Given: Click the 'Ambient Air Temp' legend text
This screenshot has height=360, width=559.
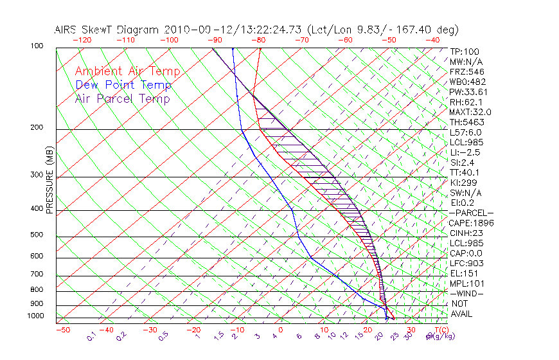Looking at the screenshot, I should click(127, 71).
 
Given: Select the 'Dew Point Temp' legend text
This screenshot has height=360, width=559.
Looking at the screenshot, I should click(123, 85).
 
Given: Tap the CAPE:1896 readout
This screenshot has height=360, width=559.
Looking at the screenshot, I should click(472, 223).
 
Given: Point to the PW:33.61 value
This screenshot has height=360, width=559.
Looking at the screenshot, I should click(469, 92).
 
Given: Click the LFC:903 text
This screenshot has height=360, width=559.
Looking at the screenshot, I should click(466, 264).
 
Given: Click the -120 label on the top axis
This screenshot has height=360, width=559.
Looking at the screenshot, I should click(82, 40).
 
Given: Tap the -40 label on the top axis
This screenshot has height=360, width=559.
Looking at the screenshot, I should click(432, 40).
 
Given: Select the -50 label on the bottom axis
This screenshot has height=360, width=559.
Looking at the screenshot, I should click(62, 330).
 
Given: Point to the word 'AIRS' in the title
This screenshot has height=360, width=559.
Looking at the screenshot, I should click(67, 30).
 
